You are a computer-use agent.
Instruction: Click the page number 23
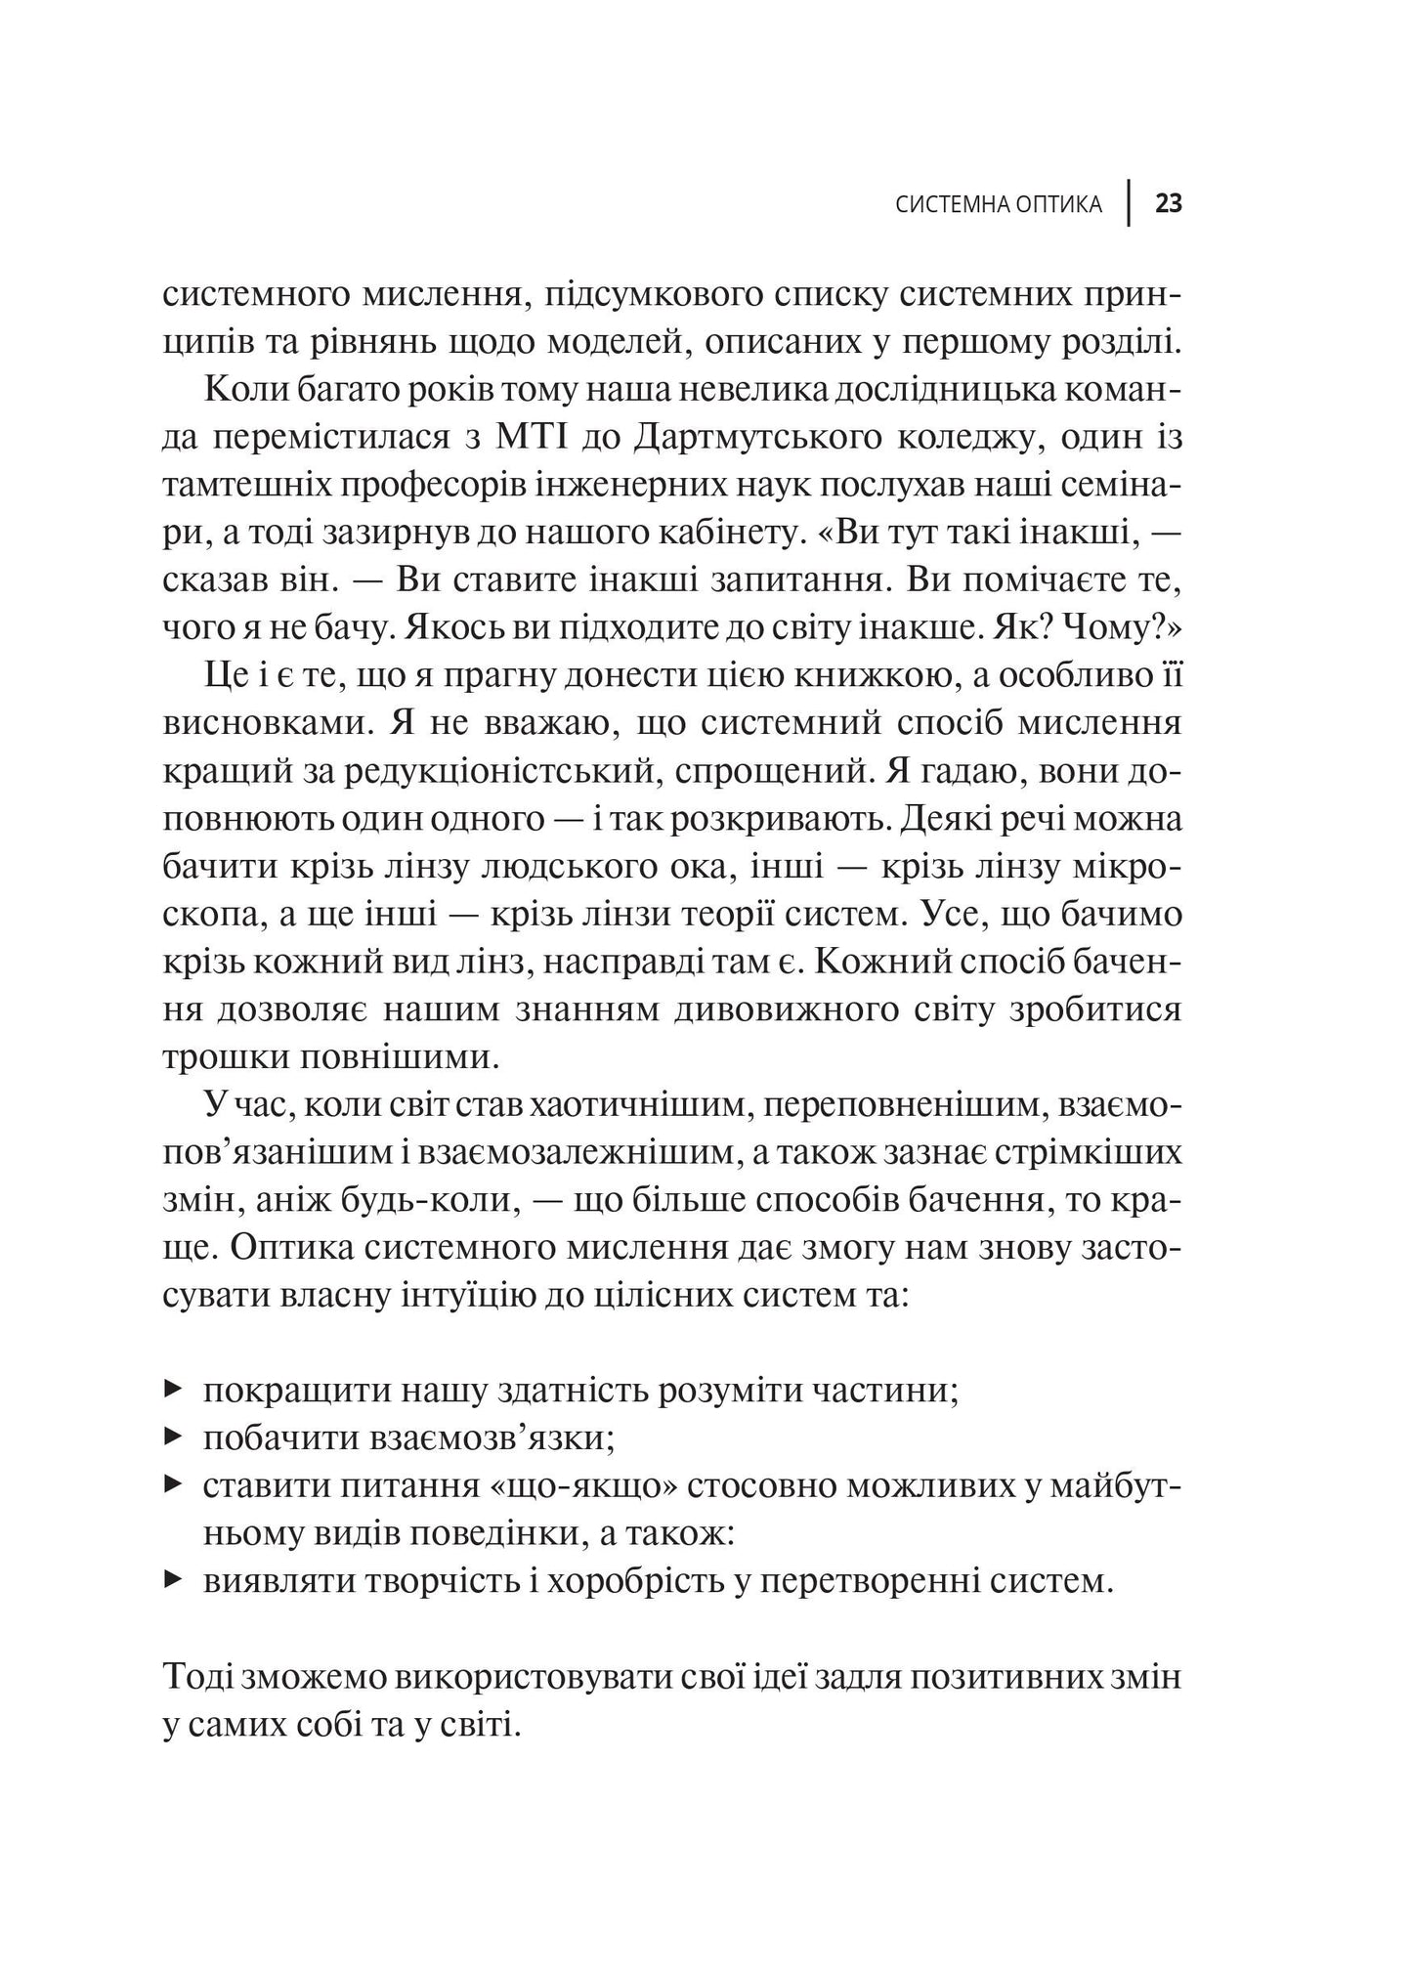[x=1169, y=204]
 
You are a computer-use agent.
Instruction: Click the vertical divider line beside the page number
[x=1130, y=203]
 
